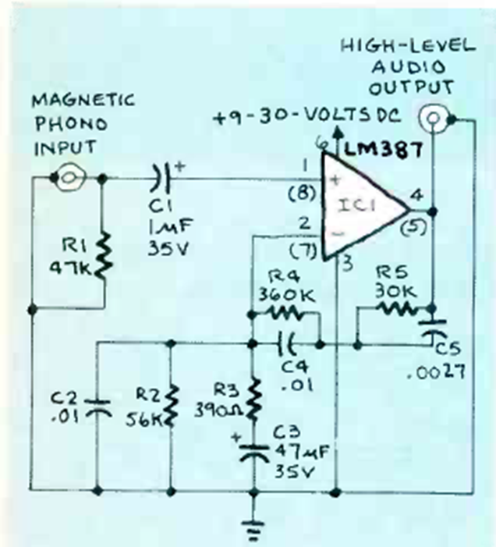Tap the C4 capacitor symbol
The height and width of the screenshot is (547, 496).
(286, 342)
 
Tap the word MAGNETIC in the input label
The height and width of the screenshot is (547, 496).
(83, 101)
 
